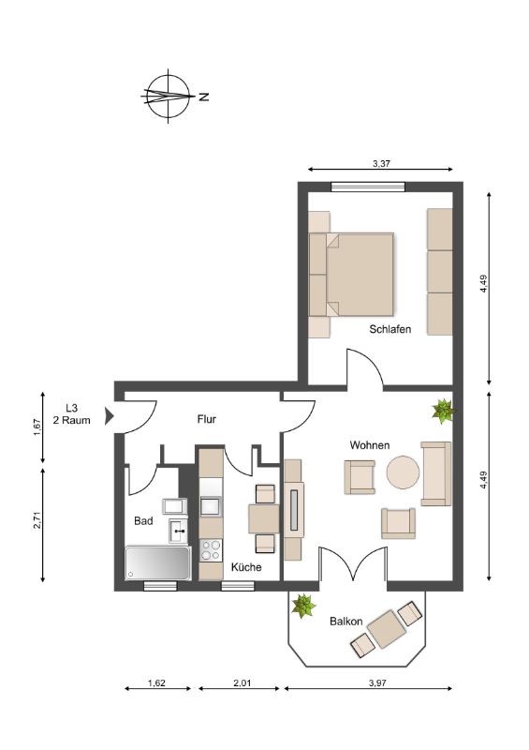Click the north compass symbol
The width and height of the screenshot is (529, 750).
(x=169, y=97)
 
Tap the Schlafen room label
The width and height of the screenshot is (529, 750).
(x=389, y=329)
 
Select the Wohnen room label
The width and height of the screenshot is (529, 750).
(x=370, y=445)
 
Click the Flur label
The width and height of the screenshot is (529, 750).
(x=206, y=419)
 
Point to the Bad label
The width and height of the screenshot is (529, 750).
(x=143, y=521)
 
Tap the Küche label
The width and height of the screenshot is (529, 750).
(x=246, y=567)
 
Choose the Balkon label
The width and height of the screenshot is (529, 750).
(x=346, y=622)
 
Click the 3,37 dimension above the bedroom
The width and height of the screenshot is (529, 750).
(x=382, y=163)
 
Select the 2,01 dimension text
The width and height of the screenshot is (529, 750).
(x=242, y=683)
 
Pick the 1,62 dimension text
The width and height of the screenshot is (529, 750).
(x=156, y=683)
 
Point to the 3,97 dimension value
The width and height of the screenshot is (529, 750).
(x=377, y=683)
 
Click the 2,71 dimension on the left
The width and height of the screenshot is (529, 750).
(x=37, y=520)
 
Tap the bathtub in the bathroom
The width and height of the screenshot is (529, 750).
(x=157, y=563)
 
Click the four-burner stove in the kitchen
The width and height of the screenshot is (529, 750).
(x=211, y=549)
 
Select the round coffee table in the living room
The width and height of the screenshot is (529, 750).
(x=403, y=472)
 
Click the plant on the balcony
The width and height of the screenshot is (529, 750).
(x=303, y=606)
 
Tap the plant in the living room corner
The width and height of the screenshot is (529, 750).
(x=444, y=411)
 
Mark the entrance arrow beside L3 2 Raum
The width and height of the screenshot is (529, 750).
(x=110, y=415)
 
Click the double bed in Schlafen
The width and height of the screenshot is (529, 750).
(x=351, y=275)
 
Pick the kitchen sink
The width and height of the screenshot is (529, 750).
(x=211, y=506)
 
